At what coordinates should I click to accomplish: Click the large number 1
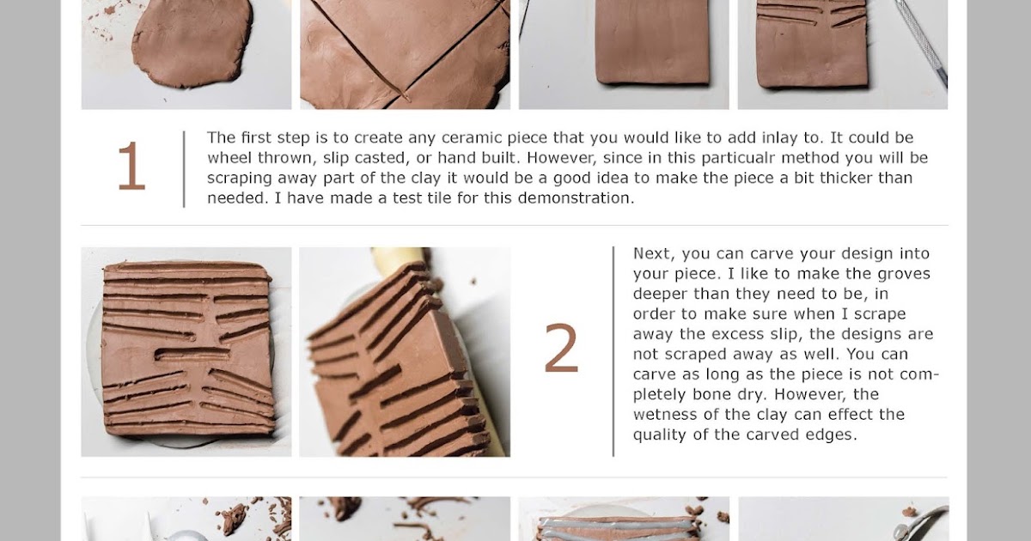pyautogui.click(x=131, y=167)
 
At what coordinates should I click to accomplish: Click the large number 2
pyautogui.click(x=561, y=350)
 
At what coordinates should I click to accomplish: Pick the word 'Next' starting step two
pyautogui.click(x=650, y=254)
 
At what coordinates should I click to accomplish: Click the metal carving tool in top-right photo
pyautogui.click(x=922, y=43)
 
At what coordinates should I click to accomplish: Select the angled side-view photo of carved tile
pyautogui.click(x=404, y=352)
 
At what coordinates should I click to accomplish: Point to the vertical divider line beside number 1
pyautogui.click(x=184, y=168)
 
